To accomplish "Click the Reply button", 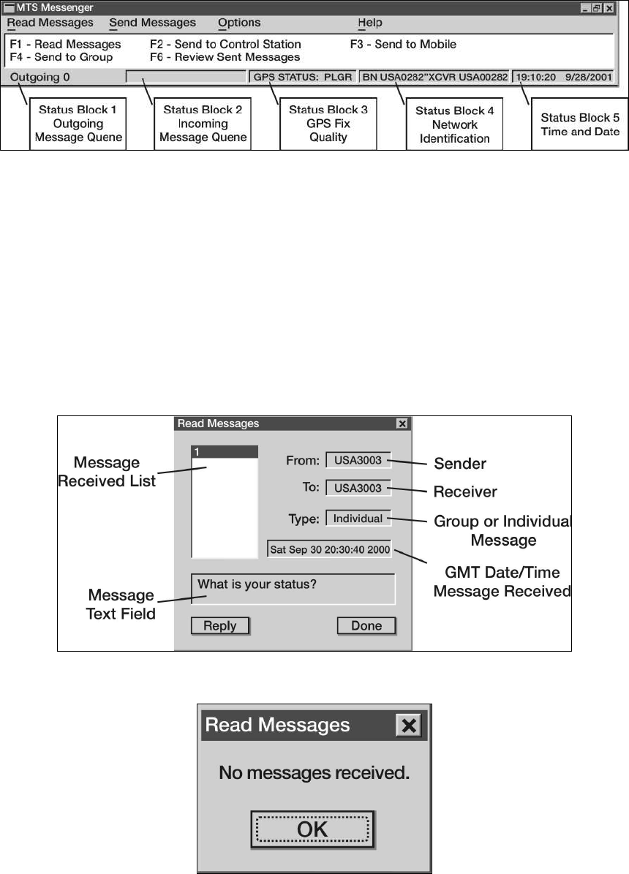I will (x=219, y=626).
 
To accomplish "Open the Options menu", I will (x=239, y=23).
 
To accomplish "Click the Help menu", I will (x=370, y=23).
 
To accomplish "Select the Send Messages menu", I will (x=152, y=23).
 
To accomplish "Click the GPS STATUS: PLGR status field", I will (x=303, y=76).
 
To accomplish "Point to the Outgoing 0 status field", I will (x=41, y=76).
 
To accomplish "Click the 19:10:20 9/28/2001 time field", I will (x=562, y=76).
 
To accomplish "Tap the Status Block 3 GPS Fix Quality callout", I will (x=328, y=124).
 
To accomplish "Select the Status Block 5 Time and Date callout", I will (x=580, y=124).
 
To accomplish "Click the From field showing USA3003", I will (x=358, y=461).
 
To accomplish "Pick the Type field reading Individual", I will (x=358, y=519).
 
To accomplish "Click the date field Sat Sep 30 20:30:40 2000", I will (x=329, y=549).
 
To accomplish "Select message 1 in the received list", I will (x=224, y=453).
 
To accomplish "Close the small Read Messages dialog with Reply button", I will (x=402, y=423).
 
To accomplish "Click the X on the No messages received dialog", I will (x=410, y=726).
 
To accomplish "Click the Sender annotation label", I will (x=460, y=464).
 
